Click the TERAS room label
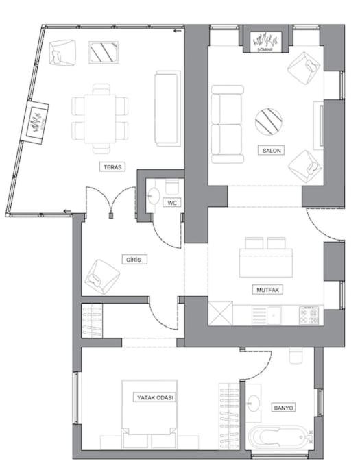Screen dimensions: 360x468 112,167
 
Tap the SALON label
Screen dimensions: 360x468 272,151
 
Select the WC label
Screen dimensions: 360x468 172,203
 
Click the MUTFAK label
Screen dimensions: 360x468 267,290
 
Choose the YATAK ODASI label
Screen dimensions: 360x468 155,397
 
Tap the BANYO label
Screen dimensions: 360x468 283,408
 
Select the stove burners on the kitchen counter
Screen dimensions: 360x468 309,316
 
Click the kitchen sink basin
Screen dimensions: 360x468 274,315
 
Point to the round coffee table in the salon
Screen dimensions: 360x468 269,122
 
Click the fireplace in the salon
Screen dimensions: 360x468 265,42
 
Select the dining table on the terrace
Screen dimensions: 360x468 100,119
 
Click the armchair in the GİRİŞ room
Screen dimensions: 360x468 102,277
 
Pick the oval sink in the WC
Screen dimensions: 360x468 154,196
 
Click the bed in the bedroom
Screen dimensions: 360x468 149,414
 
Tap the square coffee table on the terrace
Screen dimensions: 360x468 104,53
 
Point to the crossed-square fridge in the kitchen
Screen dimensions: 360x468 220,314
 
